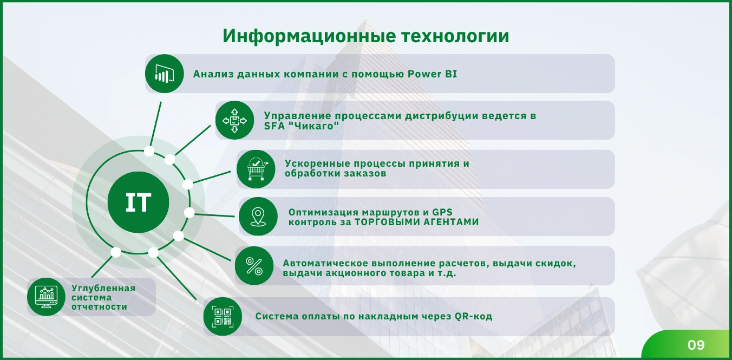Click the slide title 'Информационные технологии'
366,36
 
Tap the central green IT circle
138,202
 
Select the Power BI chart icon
164,74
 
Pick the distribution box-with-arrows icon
234,120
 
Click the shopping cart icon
256,169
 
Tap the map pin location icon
258,217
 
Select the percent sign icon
254,266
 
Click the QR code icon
223,317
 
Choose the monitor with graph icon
46,297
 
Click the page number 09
696,345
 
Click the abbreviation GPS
442,212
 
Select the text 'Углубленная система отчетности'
103,297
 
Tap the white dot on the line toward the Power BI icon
149,151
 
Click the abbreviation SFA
274,126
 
